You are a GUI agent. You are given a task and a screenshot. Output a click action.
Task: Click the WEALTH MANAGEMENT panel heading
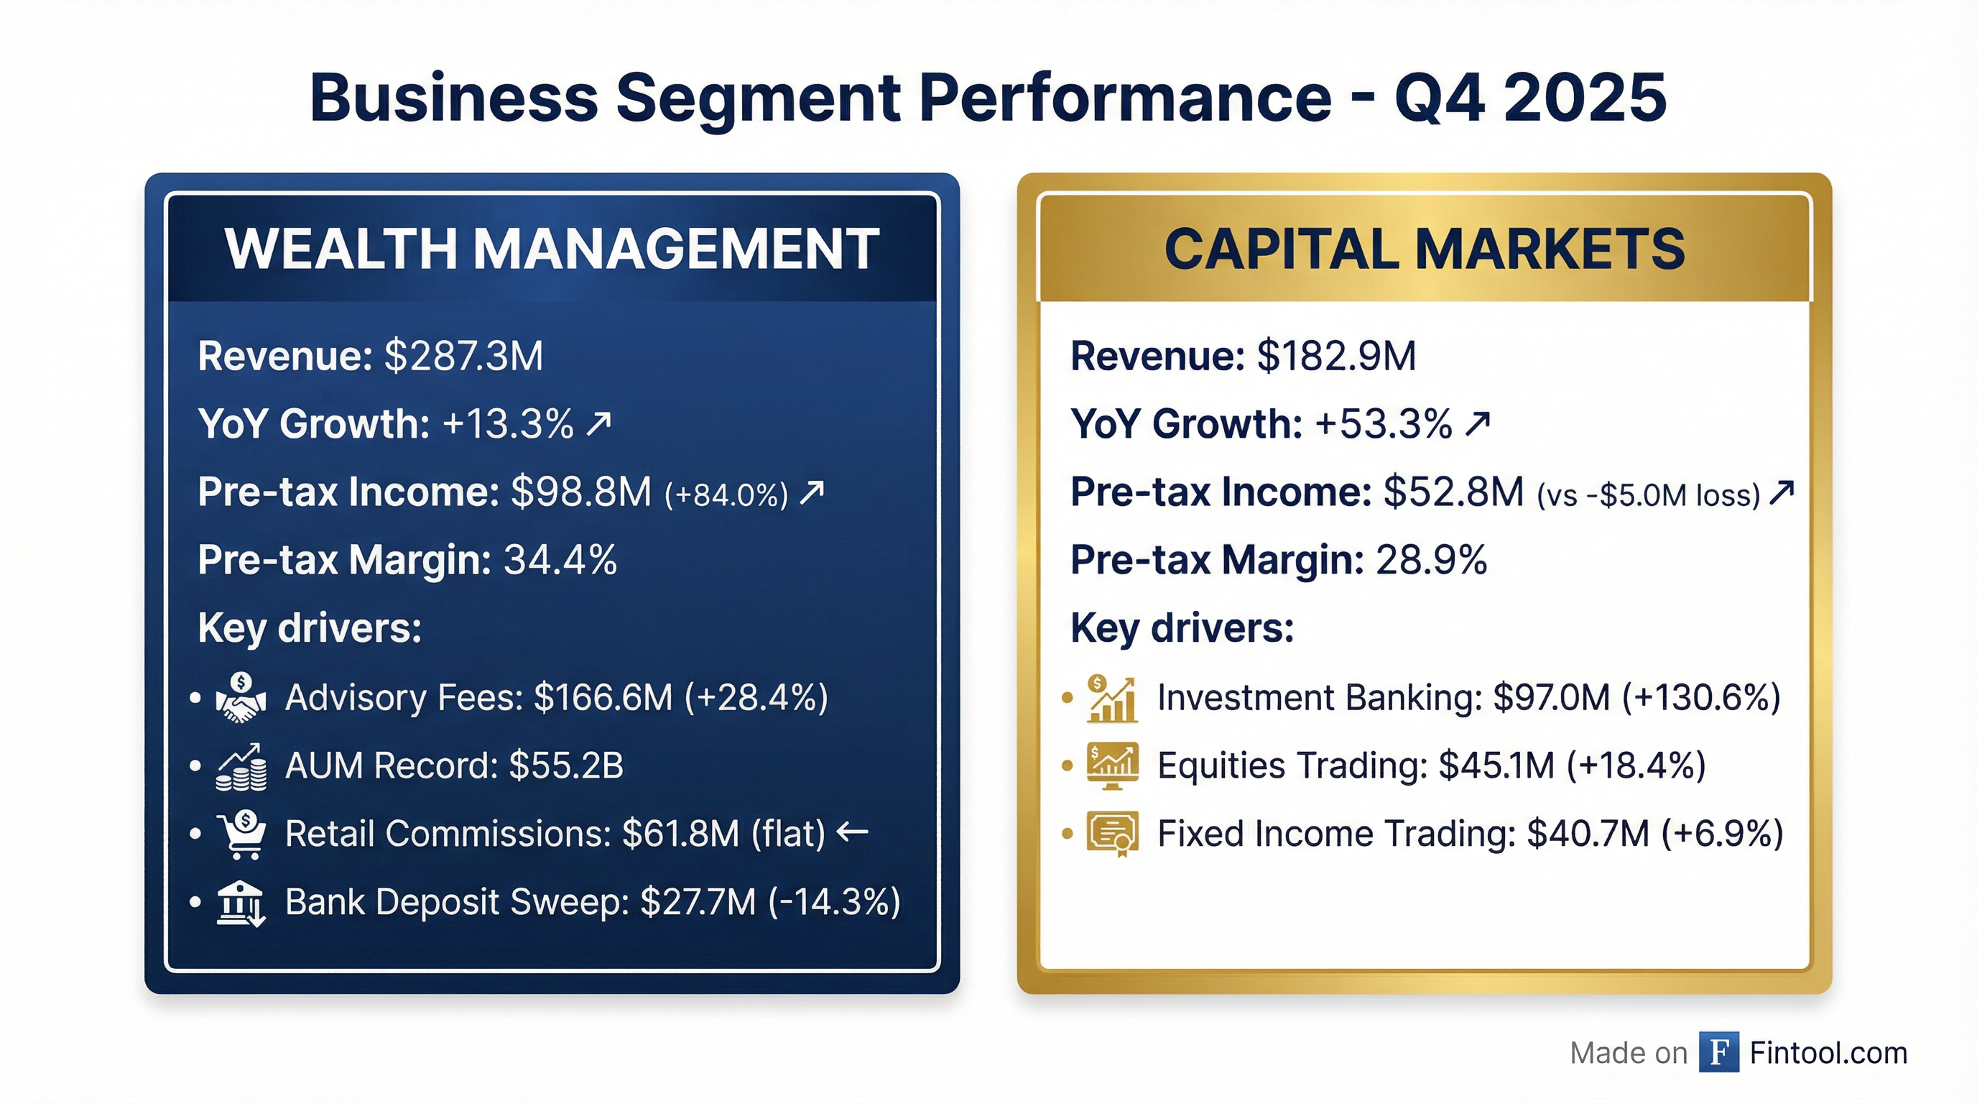(552, 249)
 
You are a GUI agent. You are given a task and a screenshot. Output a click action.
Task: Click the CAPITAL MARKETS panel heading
(1425, 249)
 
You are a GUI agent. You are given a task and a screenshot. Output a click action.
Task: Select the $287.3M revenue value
(463, 356)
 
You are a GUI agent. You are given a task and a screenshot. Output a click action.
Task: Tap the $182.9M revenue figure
(1336, 356)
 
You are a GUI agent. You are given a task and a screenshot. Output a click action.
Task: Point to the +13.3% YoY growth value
(507, 424)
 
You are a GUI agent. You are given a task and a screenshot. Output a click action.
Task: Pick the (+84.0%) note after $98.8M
(726, 494)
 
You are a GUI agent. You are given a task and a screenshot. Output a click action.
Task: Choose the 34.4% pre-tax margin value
(560, 560)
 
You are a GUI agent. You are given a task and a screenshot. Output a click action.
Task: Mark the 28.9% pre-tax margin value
(1431, 560)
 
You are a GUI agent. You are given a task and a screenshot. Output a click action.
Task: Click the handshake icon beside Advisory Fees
(241, 698)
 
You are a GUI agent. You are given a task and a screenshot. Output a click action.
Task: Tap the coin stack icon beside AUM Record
(241, 767)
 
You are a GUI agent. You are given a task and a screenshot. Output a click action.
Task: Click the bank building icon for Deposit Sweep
(240, 903)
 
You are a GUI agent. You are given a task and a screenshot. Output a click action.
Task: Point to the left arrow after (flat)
(852, 831)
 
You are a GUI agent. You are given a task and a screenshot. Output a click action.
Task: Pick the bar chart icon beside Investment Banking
(1112, 699)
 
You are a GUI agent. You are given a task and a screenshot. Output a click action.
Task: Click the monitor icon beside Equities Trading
(1112, 766)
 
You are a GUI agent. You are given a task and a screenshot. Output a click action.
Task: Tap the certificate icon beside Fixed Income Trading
(1112, 834)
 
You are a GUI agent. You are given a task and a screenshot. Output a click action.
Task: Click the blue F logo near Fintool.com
(1718, 1052)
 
